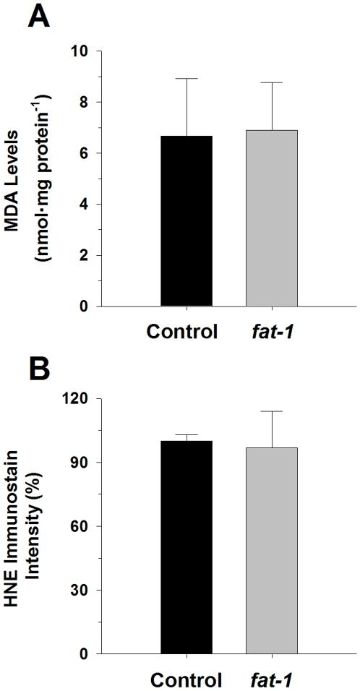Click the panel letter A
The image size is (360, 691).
(40, 17)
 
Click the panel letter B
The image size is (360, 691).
(40, 373)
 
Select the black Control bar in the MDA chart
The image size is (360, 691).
(187, 220)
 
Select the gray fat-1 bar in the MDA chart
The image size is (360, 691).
(271, 218)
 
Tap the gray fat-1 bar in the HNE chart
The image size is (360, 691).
(271, 551)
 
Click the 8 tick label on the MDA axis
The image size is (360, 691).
(85, 103)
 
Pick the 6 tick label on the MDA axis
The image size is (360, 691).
(85, 153)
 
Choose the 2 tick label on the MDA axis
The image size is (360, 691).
(85, 256)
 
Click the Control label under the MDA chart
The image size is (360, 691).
(182, 332)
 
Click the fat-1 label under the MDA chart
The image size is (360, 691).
(272, 332)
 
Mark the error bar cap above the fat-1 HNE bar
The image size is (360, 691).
(271, 411)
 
